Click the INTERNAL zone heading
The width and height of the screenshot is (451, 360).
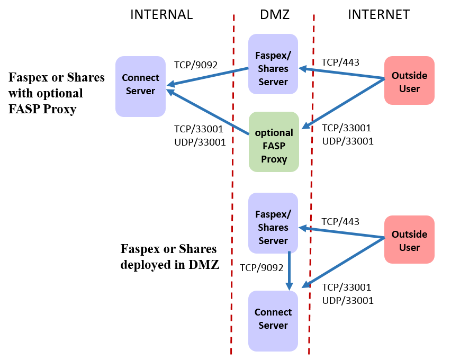pos(161,15)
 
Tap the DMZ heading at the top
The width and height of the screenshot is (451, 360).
pos(275,15)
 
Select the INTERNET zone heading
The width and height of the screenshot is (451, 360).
pos(378,15)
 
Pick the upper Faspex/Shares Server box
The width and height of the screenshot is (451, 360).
pos(273,64)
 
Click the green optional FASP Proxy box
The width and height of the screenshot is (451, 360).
pos(274,142)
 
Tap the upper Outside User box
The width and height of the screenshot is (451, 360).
pos(409,80)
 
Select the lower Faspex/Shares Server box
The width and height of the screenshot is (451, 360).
pos(273,223)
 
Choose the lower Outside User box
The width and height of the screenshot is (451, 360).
pos(409,239)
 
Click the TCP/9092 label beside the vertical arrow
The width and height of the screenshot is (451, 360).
pos(261,268)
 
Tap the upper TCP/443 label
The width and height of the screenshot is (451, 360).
pos(340,62)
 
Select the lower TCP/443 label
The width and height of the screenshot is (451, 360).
pos(340,222)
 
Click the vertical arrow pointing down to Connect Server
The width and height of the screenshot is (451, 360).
pos(290,270)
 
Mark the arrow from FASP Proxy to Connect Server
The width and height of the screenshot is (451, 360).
pos(209,112)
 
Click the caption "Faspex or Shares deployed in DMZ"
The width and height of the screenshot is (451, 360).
pos(169,257)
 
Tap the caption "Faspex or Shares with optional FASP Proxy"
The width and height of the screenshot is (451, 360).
pos(57,94)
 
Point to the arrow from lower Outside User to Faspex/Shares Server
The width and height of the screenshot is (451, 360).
pos(341,232)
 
